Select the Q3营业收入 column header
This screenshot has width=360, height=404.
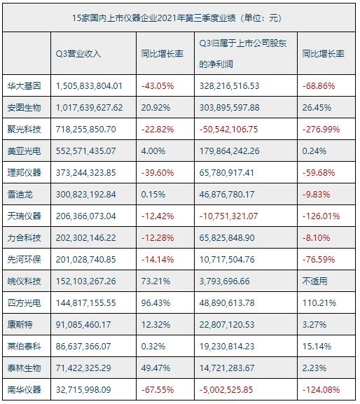point(78,53)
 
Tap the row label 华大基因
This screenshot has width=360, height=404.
point(27,85)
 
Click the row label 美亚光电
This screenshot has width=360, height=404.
point(27,151)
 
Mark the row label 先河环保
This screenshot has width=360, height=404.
point(27,259)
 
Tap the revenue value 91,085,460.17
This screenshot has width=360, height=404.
point(86,324)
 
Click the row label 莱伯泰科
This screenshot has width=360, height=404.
point(27,346)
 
